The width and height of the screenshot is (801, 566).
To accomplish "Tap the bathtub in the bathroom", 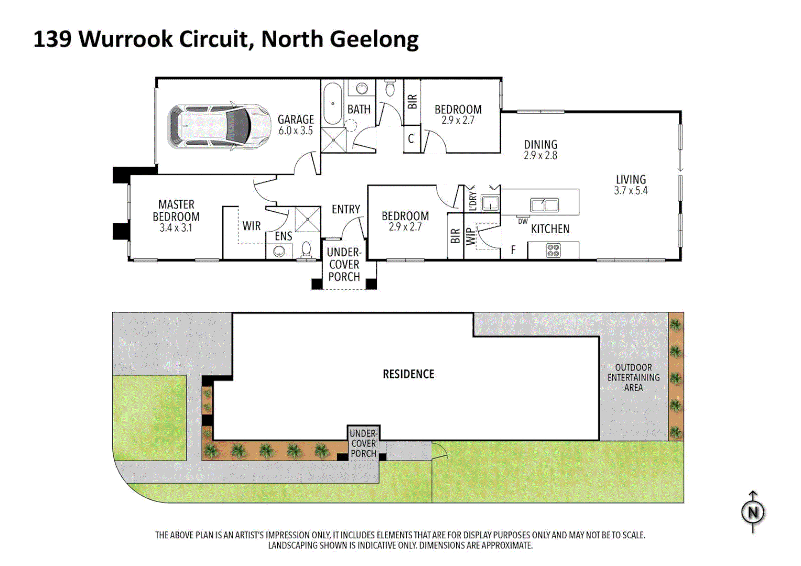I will [x=332, y=104].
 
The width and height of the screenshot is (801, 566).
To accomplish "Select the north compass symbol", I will [x=753, y=512].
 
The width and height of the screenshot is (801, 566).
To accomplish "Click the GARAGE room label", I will [x=296, y=119].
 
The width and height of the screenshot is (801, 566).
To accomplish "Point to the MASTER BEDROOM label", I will [x=176, y=211].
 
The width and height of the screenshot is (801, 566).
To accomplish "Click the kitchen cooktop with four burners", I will [x=553, y=251].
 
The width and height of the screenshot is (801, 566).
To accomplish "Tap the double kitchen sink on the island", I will [x=544, y=204].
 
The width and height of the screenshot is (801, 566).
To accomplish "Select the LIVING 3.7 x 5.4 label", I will [x=631, y=185].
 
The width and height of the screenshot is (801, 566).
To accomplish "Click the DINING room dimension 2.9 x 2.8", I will [x=540, y=156].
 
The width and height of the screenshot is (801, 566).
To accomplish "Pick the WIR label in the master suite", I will [x=252, y=226].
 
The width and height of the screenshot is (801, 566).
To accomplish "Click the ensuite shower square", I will [x=307, y=219].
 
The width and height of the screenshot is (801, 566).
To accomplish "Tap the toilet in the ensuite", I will [x=306, y=251].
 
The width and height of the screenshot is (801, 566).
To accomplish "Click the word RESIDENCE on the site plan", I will [x=408, y=374].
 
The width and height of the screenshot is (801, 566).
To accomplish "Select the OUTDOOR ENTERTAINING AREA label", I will [x=633, y=377].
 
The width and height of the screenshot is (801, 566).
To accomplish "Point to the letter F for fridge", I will [x=513, y=251].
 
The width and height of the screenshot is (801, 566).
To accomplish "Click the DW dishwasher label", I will [x=523, y=222].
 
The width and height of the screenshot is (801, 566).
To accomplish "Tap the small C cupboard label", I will [x=411, y=139].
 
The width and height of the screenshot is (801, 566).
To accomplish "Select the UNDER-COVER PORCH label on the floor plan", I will [x=344, y=264].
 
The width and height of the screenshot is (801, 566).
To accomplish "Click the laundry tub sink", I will [x=490, y=202].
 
